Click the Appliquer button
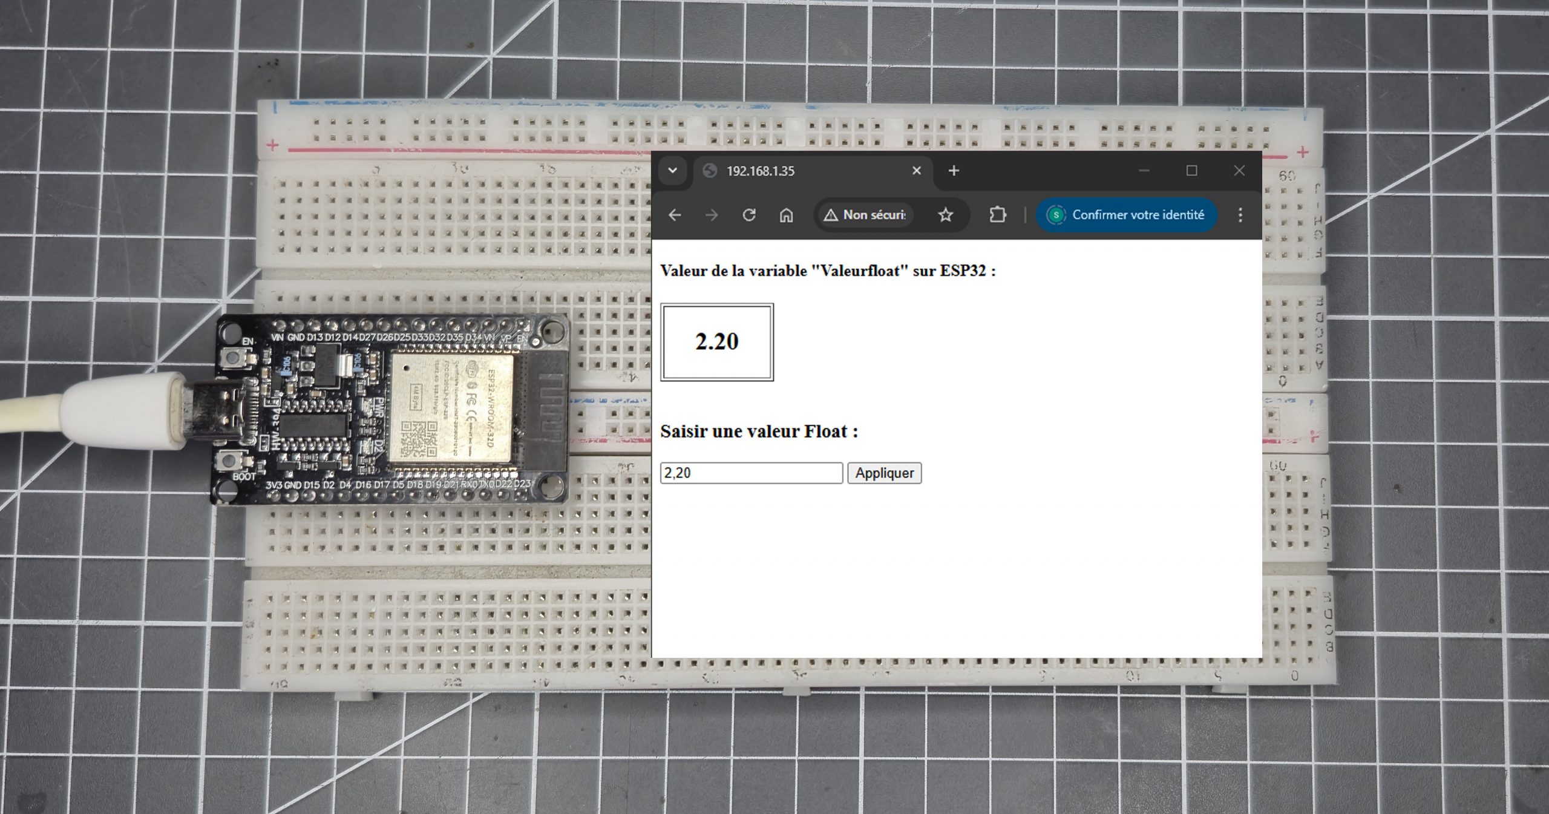click(x=884, y=473)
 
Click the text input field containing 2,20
click(x=751, y=473)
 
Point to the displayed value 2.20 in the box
click(x=717, y=342)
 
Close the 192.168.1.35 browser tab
click(x=916, y=171)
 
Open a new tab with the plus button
click(x=954, y=171)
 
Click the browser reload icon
click(x=749, y=215)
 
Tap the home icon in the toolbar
click(x=786, y=215)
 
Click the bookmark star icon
click(x=945, y=215)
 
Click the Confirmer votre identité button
click(x=1127, y=215)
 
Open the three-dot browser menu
click(x=1240, y=215)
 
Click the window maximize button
click(x=1191, y=171)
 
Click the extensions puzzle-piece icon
click(x=997, y=215)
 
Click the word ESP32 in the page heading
click(x=963, y=271)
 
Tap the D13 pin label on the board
click(x=315, y=337)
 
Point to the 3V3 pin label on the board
click(x=274, y=485)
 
